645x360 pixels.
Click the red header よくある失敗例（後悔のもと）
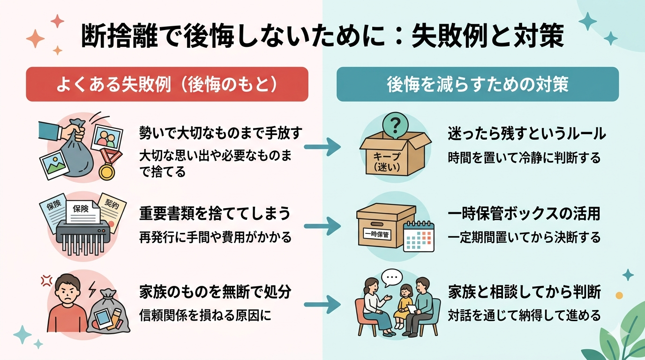pyautogui.click(x=167, y=84)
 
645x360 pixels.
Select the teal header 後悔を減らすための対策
pyautogui.click(x=477, y=84)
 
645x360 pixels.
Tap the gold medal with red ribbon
pyautogui.click(x=107, y=170)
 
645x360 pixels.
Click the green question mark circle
pyautogui.click(x=395, y=124)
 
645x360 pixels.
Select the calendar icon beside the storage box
pyautogui.click(x=419, y=237)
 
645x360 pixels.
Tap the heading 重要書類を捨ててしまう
pyautogui.click(x=215, y=214)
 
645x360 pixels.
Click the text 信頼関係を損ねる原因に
pyautogui.click(x=205, y=315)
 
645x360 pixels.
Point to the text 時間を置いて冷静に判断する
pyautogui.click(x=524, y=158)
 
